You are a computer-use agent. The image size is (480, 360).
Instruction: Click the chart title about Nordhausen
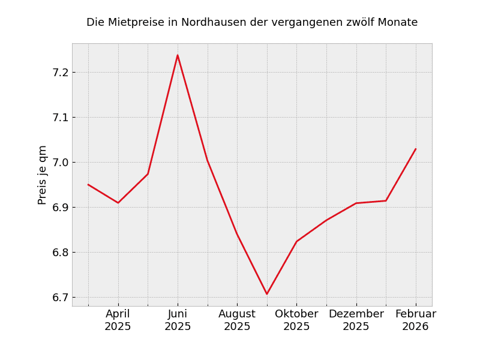tap(252, 23)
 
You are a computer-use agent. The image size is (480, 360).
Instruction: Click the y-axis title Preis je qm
tap(43, 175)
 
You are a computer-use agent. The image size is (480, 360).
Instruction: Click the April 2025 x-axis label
tap(118, 320)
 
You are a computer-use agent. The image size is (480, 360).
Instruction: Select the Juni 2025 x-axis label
tap(178, 320)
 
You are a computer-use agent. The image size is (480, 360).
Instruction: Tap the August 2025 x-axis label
tap(237, 320)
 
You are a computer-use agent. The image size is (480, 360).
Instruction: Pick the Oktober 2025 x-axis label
tap(296, 320)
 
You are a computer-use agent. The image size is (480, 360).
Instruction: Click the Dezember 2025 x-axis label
tap(356, 320)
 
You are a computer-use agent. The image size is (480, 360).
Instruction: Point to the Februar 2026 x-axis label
tap(416, 320)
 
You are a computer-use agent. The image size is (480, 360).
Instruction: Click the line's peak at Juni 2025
tap(178, 55)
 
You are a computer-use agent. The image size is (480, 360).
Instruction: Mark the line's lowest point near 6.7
tap(267, 294)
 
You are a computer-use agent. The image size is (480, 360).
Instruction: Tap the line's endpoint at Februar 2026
tap(416, 149)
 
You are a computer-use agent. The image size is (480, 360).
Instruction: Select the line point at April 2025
tap(118, 203)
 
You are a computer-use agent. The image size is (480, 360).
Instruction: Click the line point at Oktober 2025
tap(296, 242)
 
